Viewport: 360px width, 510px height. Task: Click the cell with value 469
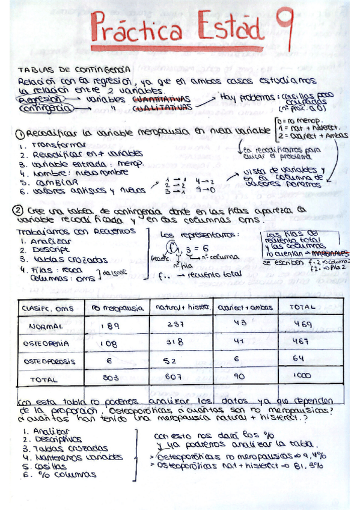click(x=299, y=325)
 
